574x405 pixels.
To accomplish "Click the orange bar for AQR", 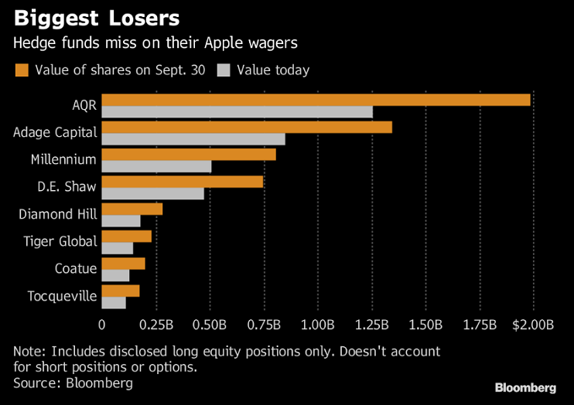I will click(x=316, y=100).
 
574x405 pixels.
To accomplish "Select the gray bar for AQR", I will click(x=237, y=112).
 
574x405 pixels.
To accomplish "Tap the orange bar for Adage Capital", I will click(x=247, y=127).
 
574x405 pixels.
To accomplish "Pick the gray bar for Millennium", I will click(x=156, y=166).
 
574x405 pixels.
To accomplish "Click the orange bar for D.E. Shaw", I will click(x=183, y=182).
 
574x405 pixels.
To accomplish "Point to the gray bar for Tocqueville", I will click(x=114, y=302).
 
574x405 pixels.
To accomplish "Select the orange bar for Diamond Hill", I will click(x=132, y=209).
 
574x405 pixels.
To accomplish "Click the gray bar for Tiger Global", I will click(x=118, y=248).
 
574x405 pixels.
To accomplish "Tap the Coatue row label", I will click(x=76, y=268).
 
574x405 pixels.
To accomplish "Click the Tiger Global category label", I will click(x=60, y=241).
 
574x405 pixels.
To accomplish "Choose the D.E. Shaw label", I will click(x=67, y=187).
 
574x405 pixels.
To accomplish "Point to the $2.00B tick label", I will click(x=534, y=323).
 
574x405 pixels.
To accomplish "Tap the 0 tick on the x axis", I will click(x=102, y=323).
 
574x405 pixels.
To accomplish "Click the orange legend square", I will click(x=22, y=70).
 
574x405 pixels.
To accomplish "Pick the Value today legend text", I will click(x=273, y=70).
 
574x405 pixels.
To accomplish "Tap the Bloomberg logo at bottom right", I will click(x=525, y=386).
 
